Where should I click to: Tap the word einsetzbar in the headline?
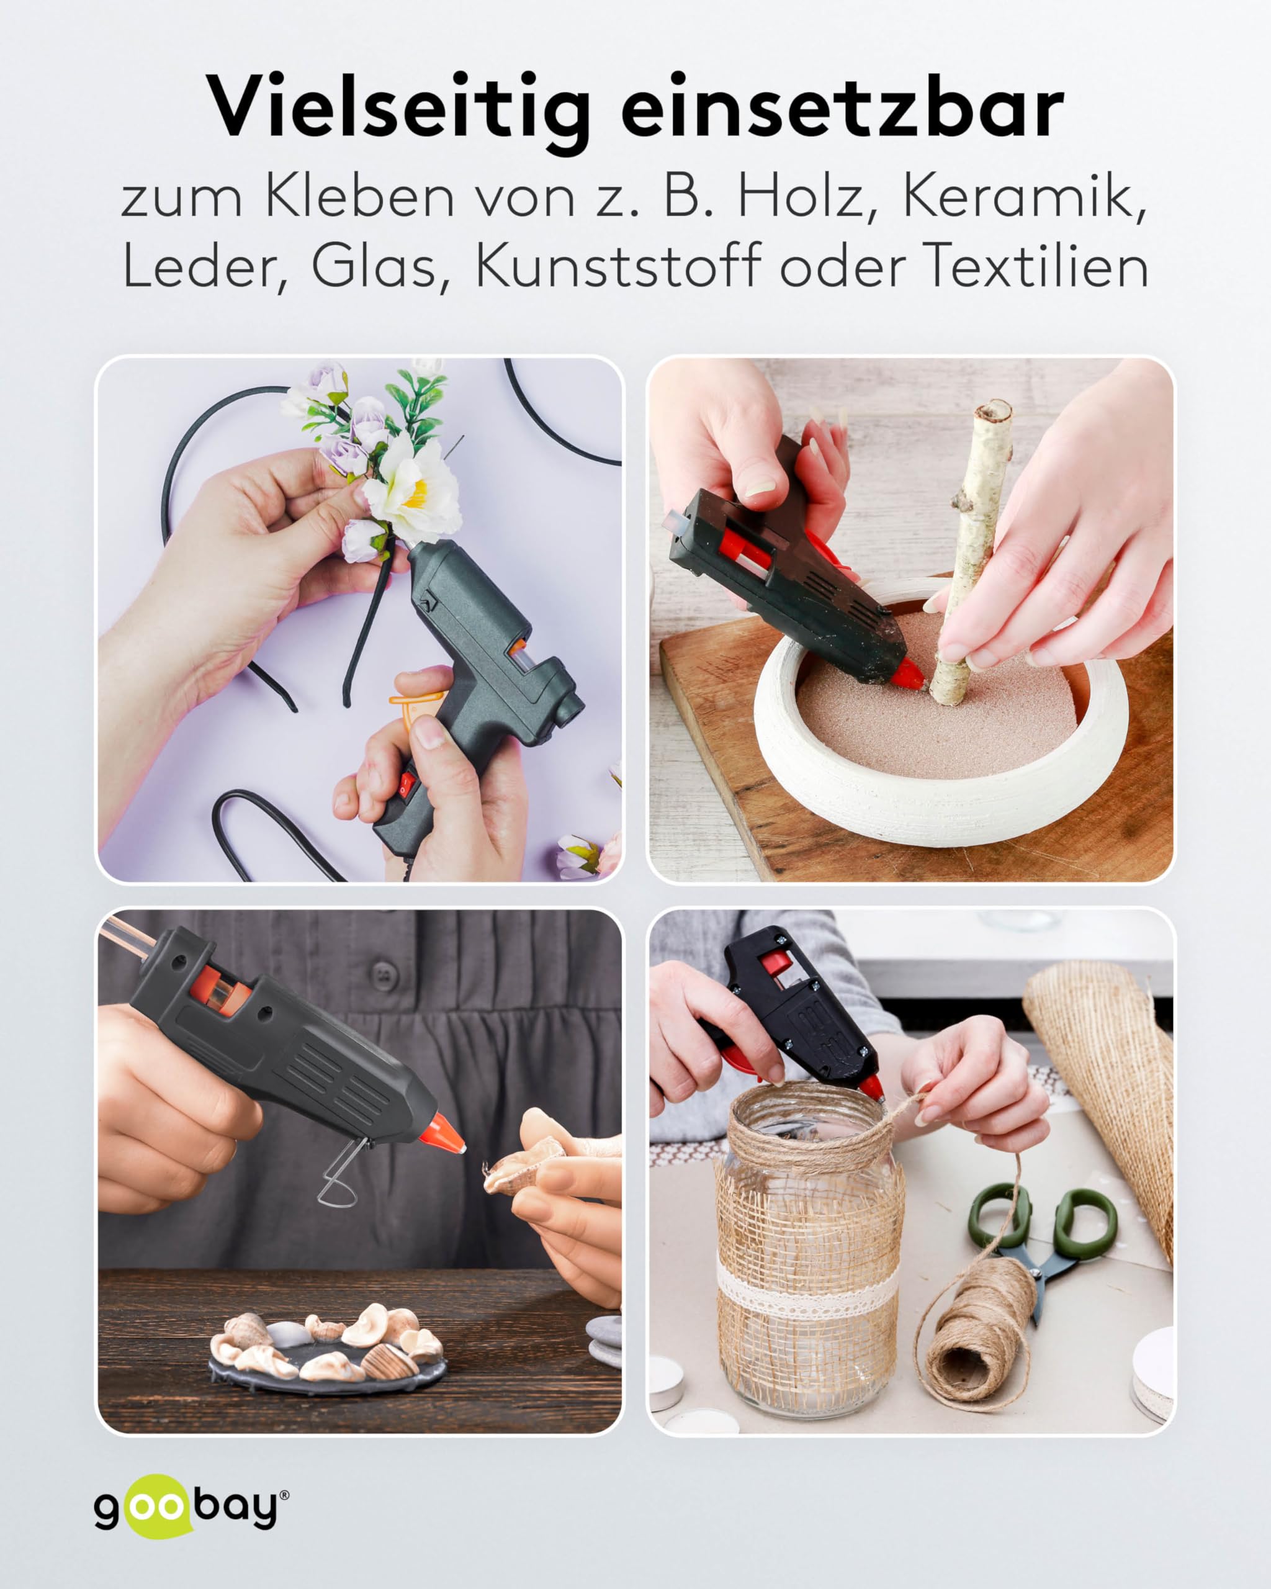coord(842,109)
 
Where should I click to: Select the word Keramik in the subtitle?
coord(1025,197)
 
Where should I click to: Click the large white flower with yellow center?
coord(413,487)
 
